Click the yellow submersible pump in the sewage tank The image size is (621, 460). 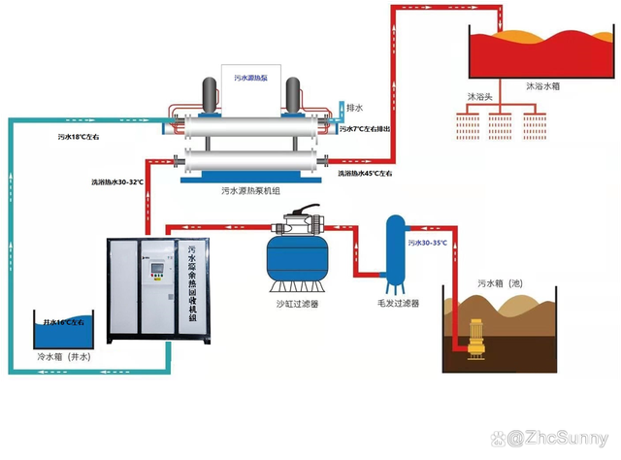click(477, 339)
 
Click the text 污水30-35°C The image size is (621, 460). click(428, 242)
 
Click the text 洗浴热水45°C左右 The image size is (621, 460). click(365, 174)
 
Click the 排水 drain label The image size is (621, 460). click(355, 109)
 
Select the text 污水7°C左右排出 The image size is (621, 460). click(366, 129)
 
